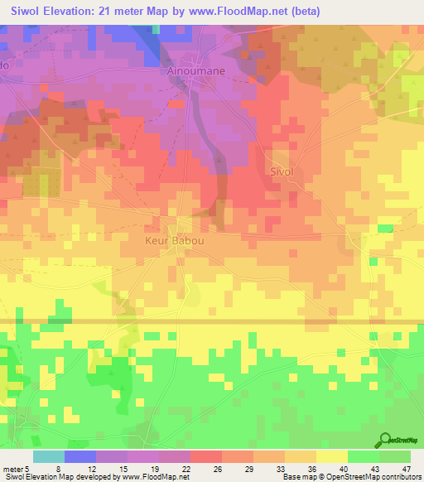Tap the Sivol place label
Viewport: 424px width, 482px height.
(x=282, y=171)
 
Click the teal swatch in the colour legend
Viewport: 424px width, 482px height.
(x=49, y=456)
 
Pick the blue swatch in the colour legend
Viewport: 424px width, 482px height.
(x=80, y=456)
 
